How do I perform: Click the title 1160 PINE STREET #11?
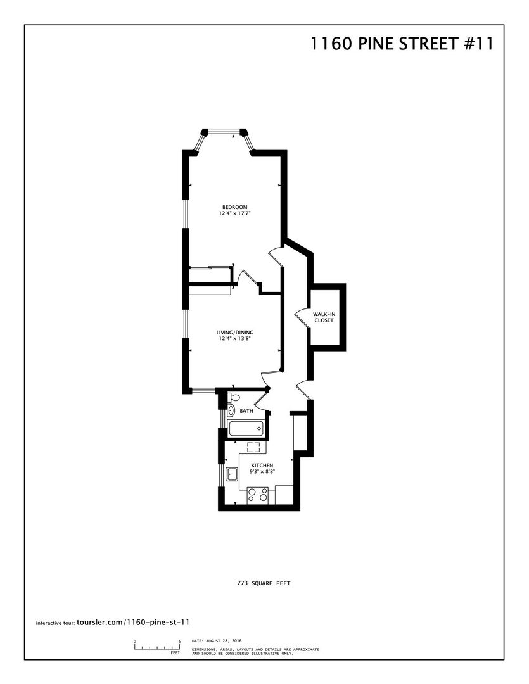pyautogui.click(x=402, y=44)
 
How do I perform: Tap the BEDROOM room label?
pyautogui.click(x=235, y=206)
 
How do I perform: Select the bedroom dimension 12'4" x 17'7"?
pyautogui.click(x=235, y=213)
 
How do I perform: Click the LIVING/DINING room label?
pyautogui.click(x=235, y=332)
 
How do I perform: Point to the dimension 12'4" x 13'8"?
pyautogui.click(x=235, y=338)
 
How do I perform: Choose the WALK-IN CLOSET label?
pyautogui.click(x=324, y=317)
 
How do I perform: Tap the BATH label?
pyautogui.click(x=246, y=411)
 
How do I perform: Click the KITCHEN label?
pyautogui.click(x=262, y=465)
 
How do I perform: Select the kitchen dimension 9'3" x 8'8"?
pyautogui.click(x=262, y=472)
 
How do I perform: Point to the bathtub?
pyautogui.click(x=246, y=429)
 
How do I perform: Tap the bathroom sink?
pyautogui.click(x=230, y=410)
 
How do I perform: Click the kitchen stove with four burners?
pyautogui.click(x=257, y=495)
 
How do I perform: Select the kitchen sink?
pyautogui.click(x=231, y=474)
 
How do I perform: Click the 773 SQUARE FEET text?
pyautogui.click(x=264, y=583)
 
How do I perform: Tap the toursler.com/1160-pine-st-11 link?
pyautogui.click(x=132, y=623)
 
